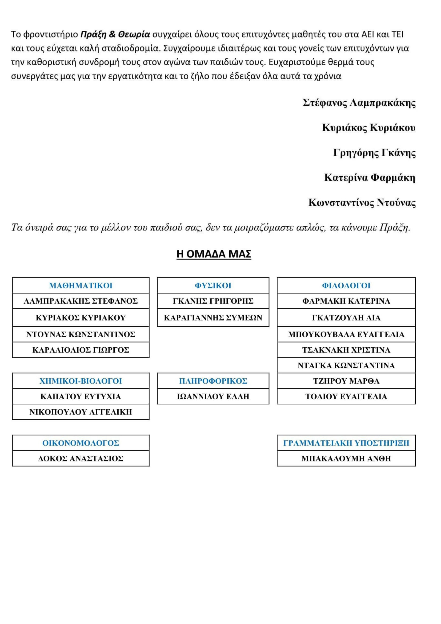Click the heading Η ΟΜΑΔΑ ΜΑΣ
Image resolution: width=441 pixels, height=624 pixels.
[214, 254]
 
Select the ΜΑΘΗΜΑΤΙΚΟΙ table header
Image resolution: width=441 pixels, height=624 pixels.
[81, 286]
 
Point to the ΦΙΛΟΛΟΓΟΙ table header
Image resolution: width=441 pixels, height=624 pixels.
[346, 286]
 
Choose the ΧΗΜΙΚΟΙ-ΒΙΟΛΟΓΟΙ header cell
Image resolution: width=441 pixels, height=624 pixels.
[81, 381]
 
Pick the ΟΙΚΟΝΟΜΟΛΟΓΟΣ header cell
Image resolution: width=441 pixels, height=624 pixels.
[81, 443]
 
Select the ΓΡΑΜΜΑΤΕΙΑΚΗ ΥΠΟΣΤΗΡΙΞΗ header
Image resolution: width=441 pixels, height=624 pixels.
[346, 443]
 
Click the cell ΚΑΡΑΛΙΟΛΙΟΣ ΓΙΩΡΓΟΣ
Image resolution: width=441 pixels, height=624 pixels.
[81, 350]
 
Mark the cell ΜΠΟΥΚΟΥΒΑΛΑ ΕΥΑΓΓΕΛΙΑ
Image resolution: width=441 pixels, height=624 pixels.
[346, 334]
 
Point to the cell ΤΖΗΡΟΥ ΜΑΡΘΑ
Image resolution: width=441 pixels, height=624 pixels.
[346, 381]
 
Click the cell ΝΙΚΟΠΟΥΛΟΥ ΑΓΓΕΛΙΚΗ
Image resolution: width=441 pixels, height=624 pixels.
[81, 412]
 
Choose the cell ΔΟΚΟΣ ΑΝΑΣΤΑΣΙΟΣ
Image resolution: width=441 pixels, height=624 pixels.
[81, 459]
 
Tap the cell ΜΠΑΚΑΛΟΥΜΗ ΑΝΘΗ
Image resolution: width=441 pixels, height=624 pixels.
[346, 459]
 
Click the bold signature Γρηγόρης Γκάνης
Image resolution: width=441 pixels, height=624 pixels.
[374, 153]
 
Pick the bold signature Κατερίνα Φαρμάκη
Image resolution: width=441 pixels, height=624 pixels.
[370, 178]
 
